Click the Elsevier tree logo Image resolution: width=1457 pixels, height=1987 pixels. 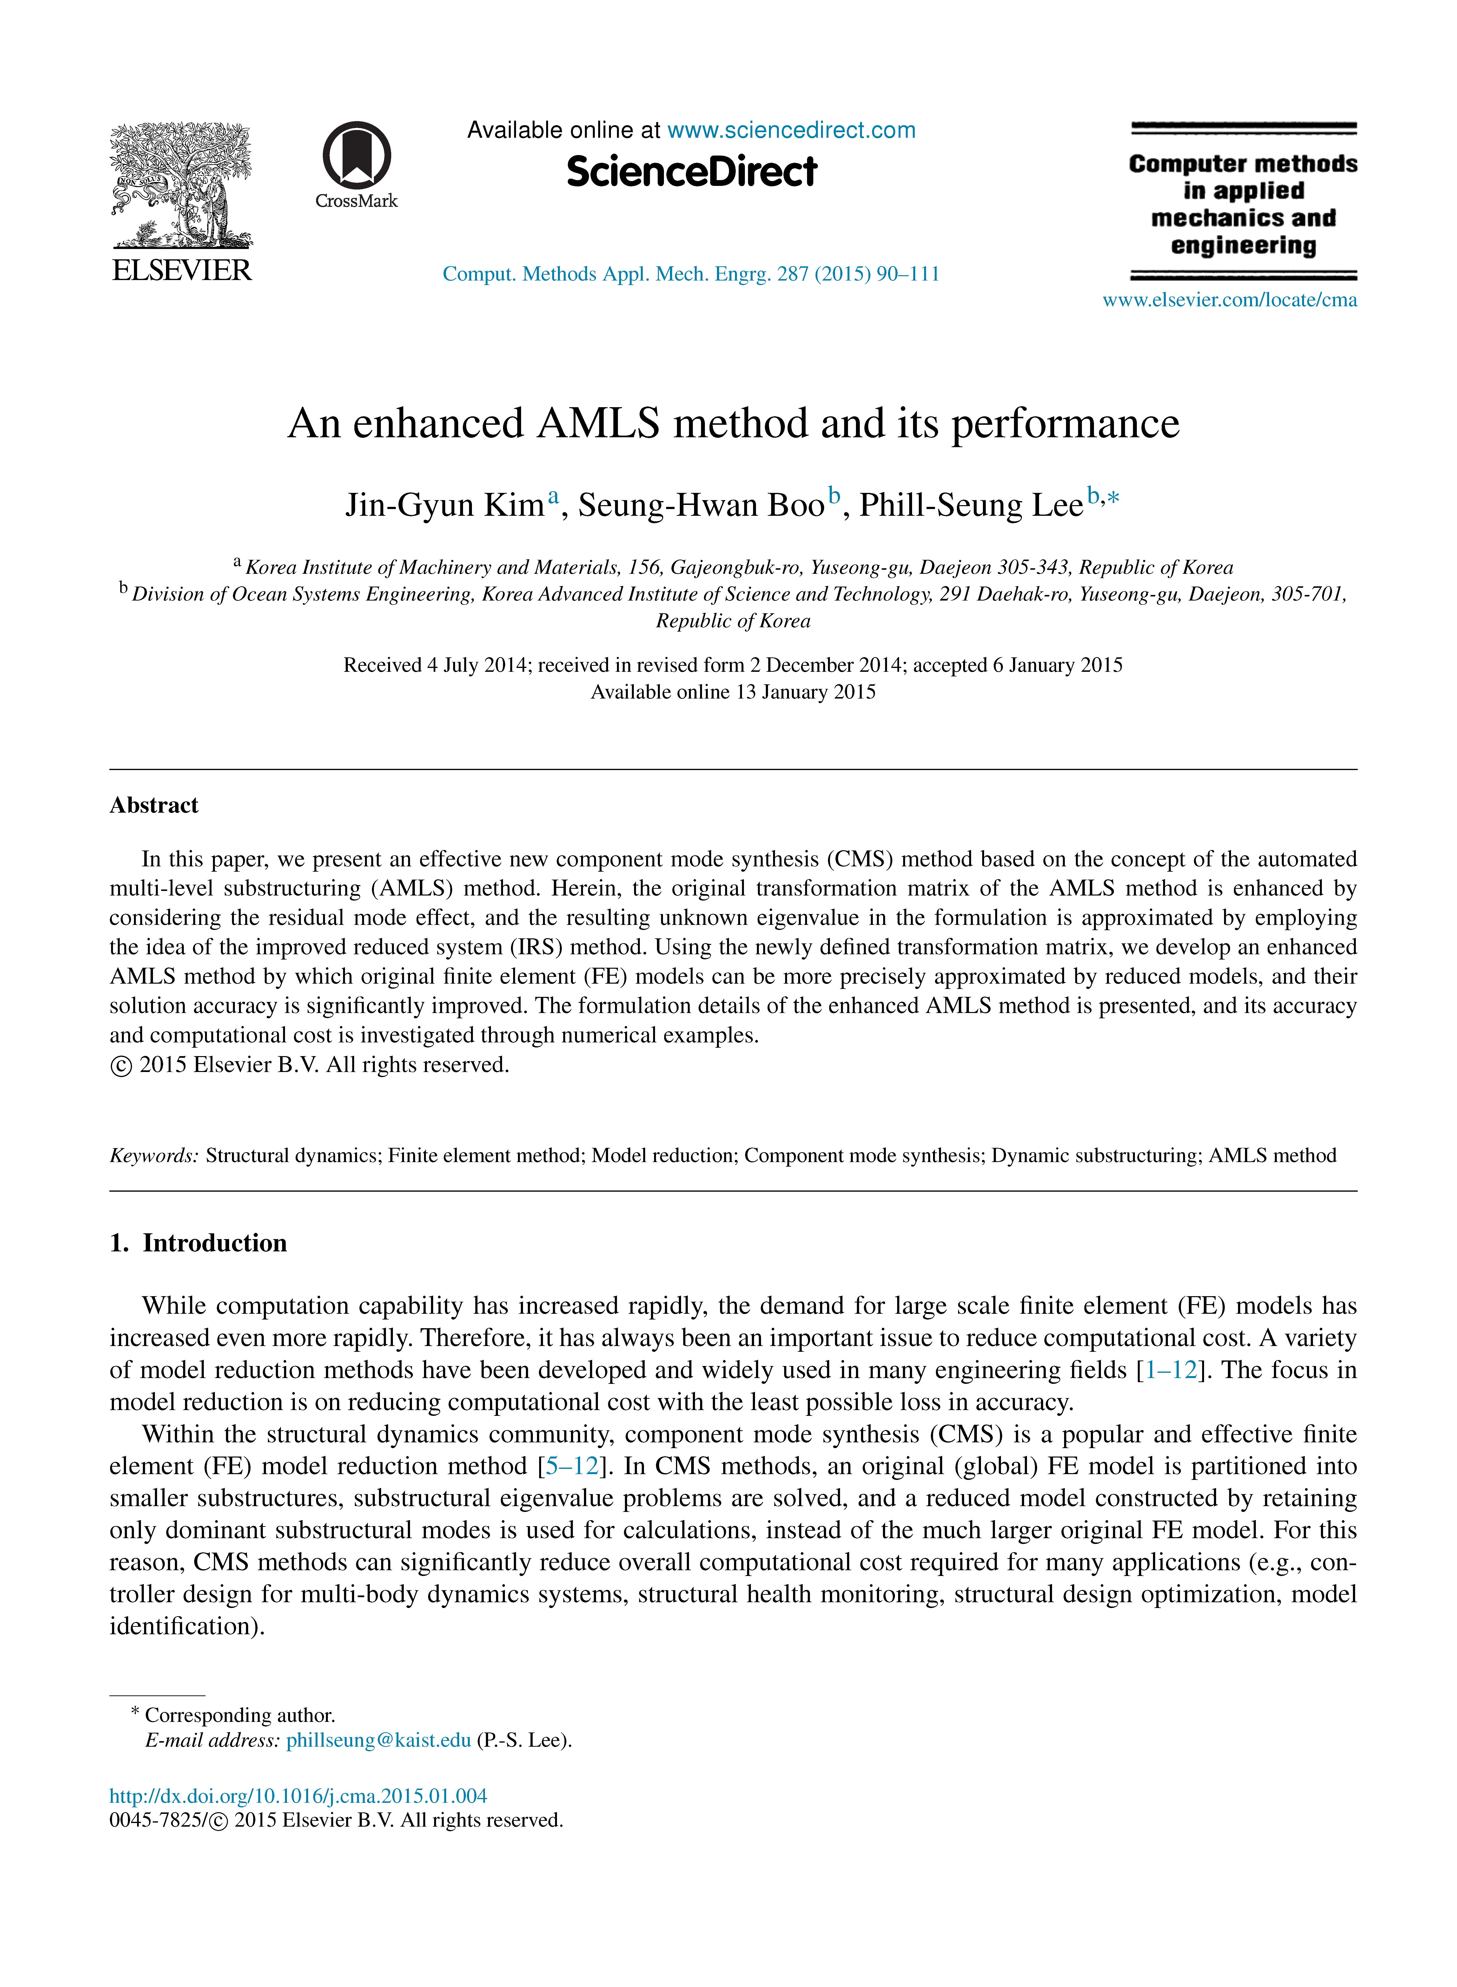coord(181,185)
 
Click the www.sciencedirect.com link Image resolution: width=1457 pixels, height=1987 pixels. coord(791,131)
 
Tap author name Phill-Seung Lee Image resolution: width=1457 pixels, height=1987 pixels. coord(971,505)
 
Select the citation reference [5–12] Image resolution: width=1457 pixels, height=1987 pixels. coord(573,1466)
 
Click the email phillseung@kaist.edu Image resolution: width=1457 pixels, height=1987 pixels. coord(378,1740)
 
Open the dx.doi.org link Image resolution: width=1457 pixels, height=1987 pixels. coord(298,1796)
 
